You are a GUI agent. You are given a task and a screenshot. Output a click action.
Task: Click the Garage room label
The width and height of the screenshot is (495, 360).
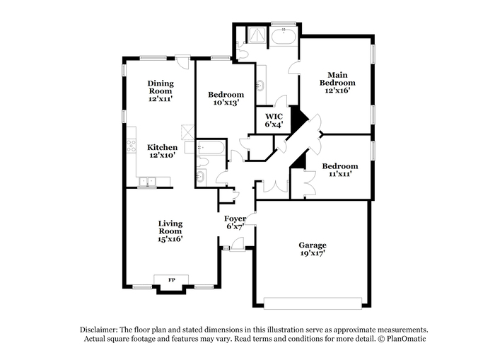coord(313,245)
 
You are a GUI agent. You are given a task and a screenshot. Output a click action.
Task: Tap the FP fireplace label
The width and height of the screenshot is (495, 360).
coord(171,280)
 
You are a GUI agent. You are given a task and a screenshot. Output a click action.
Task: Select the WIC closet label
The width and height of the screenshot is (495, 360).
coord(274,116)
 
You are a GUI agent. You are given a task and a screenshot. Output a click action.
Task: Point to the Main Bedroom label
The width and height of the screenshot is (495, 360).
coord(337,79)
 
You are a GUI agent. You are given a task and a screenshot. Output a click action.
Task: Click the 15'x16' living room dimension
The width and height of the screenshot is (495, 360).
coord(170,239)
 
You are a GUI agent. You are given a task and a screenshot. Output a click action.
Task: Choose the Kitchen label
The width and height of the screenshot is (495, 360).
coord(162,148)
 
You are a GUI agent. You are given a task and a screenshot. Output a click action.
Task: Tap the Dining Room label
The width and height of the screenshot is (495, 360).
coord(161,87)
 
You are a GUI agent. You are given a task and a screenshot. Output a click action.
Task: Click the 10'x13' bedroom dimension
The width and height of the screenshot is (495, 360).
coord(226,103)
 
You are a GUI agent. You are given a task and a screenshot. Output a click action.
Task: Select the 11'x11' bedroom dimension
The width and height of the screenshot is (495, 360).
coord(340,174)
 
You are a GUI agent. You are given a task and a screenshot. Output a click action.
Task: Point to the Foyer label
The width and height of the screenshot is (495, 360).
coord(235,219)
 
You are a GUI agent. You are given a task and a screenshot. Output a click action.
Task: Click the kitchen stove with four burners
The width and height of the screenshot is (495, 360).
coord(132,146)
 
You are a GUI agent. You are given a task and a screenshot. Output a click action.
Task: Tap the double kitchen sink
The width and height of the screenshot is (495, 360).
coord(147,182)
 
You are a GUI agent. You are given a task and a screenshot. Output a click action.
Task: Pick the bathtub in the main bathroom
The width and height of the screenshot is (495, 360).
coord(284,37)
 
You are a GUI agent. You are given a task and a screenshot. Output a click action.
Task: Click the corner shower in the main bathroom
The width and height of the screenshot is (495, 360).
coord(258,35)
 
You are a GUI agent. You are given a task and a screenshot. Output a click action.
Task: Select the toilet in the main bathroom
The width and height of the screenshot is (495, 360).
coord(242,54)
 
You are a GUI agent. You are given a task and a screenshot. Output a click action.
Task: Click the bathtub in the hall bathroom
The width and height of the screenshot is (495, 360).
coord(211,148)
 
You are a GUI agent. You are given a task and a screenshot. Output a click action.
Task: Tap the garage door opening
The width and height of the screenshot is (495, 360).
coord(313,303)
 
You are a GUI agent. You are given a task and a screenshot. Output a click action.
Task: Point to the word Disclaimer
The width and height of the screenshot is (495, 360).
coord(99,330)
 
